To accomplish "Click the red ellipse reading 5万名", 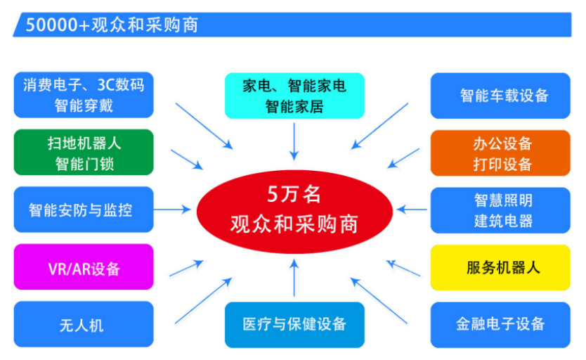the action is pyautogui.click(x=294, y=211).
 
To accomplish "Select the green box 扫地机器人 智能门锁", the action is pyautogui.click(x=84, y=152).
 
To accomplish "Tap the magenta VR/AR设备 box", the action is pyautogui.click(x=84, y=267).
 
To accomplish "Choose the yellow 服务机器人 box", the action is pyautogui.click(x=500, y=268).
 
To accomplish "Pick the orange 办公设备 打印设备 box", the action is pyautogui.click(x=500, y=153).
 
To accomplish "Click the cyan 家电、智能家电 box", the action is pyautogui.click(x=294, y=96).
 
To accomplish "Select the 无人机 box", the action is pyautogui.click(x=84, y=324).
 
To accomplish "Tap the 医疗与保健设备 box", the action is pyautogui.click(x=294, y=325).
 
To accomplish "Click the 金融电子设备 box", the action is pyautogui.click(x=500, y=325).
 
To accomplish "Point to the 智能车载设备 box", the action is pyautogui.click(x=500, y=96).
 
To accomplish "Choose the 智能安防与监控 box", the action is pyautogui.click(x=84, y=210).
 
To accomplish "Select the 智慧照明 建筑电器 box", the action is pyautogui.click(x=500, y=210).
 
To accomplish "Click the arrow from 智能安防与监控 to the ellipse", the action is pyautogui.click(x=172, y=210).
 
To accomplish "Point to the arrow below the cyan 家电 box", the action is pyautogui.click(x=294, y=142).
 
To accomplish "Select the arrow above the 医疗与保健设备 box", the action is pyautogui.click(x=294, y=278).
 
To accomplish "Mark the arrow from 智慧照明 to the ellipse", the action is pyautogui.click(x=412, y=210).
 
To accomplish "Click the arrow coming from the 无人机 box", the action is pyautogui.click(x=204, y=300).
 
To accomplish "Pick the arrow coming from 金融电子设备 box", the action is pyautogui.click(x=379, y=300).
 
